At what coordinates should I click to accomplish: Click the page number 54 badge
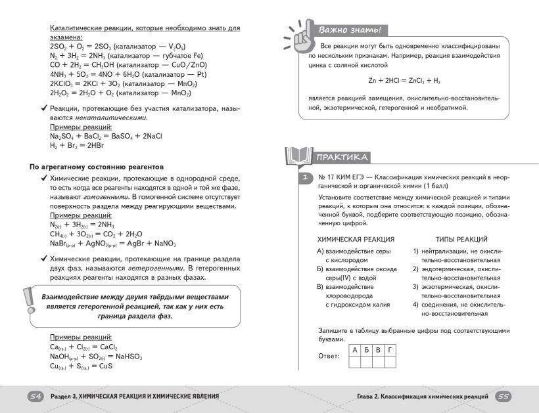pos(35,397)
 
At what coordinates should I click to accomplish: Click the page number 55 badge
pos(504,397)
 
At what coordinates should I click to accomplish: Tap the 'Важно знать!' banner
pos(349,30)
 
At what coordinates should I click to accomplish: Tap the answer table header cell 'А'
pos(355,351)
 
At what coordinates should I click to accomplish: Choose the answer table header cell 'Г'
pos(390,351)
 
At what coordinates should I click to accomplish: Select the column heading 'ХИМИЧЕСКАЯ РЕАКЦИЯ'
pos(356,240)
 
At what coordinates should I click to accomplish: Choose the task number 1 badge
pos(304,178)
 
